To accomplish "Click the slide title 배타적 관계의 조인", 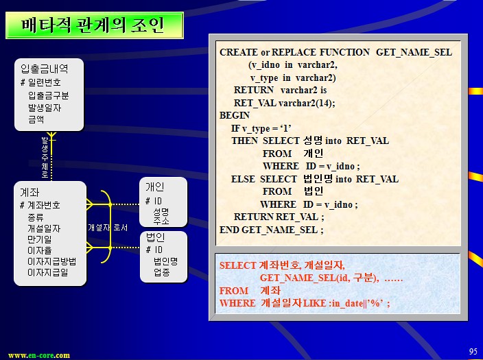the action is click(x=93, y=25).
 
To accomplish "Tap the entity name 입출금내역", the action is click(x=45, y=69).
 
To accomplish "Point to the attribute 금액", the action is click(x=36, y=119).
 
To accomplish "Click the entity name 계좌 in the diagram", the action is click(x=30, y=193).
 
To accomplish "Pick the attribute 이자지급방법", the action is click(x=51, y=261).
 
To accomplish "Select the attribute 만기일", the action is click(x=39, y=239).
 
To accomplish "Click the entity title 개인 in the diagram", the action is click(x=154, y=187).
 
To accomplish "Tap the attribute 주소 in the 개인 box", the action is click(x=161, y=221).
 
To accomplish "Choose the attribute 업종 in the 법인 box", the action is click(x=162, y=272).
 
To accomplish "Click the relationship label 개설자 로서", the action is click(x=108, y=228).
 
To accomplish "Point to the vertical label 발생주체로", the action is click(x=45, y=157).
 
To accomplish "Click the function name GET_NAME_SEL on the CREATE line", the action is click(x=414, y=52).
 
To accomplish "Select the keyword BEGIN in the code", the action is click(x=235, y=115).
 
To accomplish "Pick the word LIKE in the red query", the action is click(x=314, y=303).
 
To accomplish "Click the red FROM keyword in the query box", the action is click(x=234, y=291).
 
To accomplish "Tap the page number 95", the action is click(x=473, y=351).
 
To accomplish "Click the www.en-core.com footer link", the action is click(x=39, y=355).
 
